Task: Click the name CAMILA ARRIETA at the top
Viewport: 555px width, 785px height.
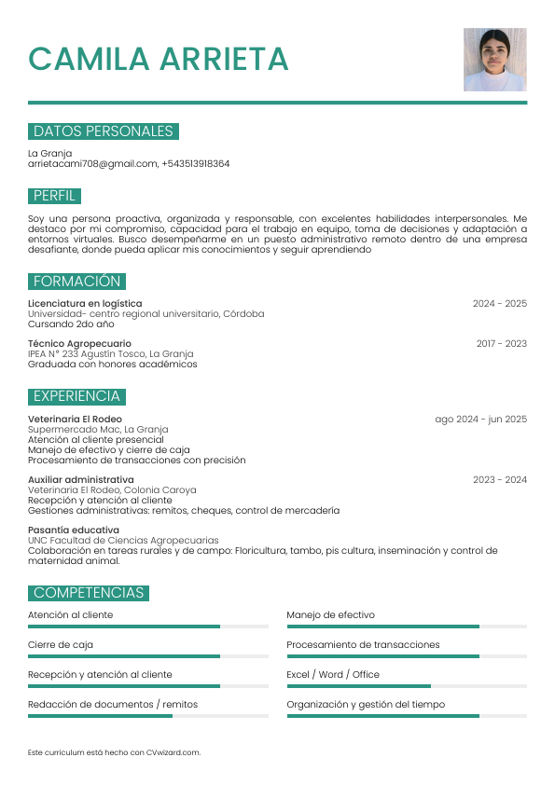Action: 159,59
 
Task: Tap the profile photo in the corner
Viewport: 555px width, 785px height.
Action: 494,60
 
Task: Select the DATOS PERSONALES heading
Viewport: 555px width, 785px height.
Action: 104,131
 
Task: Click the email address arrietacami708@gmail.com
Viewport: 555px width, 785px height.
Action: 92,164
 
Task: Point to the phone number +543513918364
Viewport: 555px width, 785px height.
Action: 195,164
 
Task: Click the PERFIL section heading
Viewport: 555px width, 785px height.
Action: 54,196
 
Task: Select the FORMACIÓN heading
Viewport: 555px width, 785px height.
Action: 76,282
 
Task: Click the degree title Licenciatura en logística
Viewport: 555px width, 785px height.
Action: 85,304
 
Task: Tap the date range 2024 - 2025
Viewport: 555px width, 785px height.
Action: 499,304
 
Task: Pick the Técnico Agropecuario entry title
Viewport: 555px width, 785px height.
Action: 79,344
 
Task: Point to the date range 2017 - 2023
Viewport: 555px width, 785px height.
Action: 501,344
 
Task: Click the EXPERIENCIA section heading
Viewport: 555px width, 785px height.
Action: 76,396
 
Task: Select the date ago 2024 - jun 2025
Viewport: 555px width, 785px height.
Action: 480,420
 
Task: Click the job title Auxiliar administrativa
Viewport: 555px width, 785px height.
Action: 80,480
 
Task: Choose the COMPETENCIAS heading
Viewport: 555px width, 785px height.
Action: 89,593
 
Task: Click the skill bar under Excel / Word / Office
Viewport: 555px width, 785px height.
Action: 407,686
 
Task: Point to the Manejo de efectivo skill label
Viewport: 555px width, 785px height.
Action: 330,615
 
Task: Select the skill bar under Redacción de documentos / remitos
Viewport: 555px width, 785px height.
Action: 147,716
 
